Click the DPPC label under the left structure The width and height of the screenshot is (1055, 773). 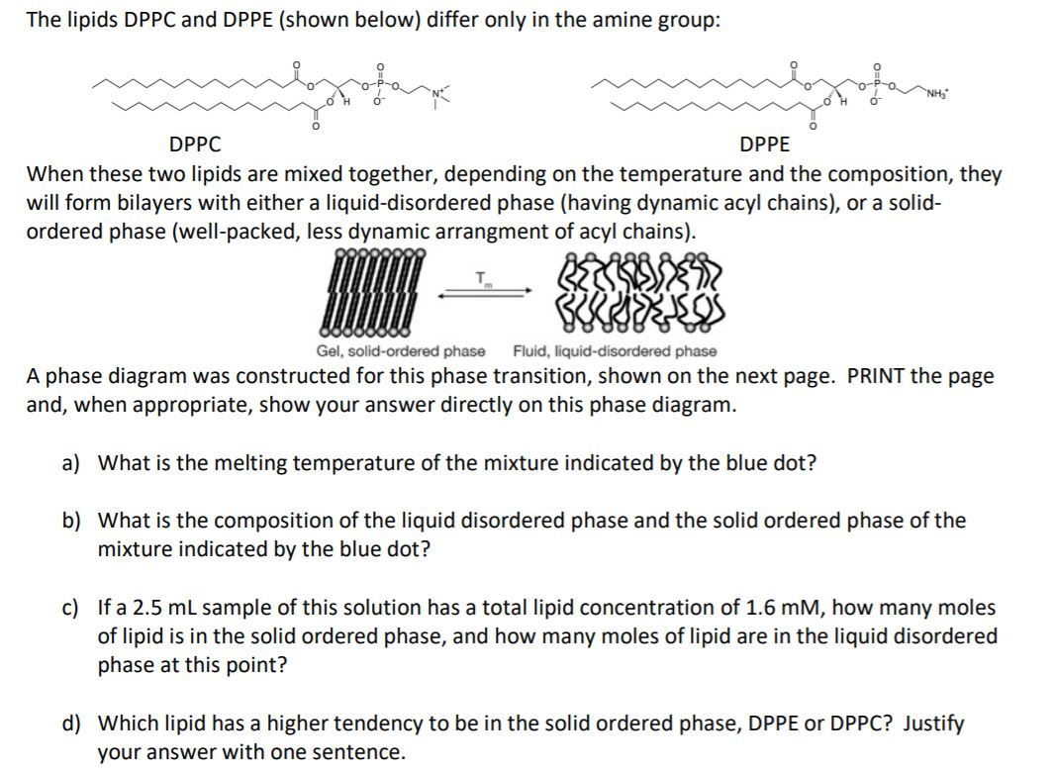coord(195,145)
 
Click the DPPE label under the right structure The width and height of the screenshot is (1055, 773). coord(765,145)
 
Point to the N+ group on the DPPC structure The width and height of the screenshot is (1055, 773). coord(434,96)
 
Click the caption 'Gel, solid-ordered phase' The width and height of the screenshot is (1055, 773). coord(401,351)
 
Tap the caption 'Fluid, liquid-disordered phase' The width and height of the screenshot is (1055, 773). coord(615,351)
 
